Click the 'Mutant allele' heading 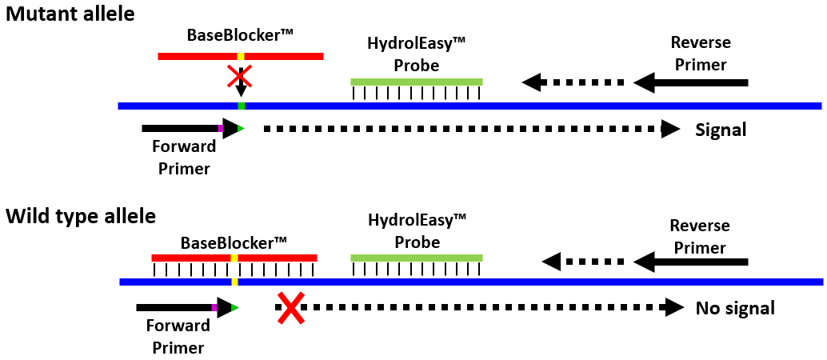pos(70,14)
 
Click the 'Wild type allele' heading pos(81,216)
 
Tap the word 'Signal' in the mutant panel pos(721,130)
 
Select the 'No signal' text pos(735,308)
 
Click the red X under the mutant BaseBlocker pos(240,77)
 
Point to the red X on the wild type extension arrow pos(290,308)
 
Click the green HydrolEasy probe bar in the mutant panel pos(416,82)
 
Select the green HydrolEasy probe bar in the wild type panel pos(416,258)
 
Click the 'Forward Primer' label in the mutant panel pos(184,158)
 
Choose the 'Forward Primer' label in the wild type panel pos(178,337)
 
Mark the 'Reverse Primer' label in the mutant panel pos(701,54)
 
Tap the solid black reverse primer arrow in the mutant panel pos(691,82)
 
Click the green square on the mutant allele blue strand pos(241,106)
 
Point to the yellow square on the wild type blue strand pos(234,282)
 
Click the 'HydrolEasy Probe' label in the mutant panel pos(416,54)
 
